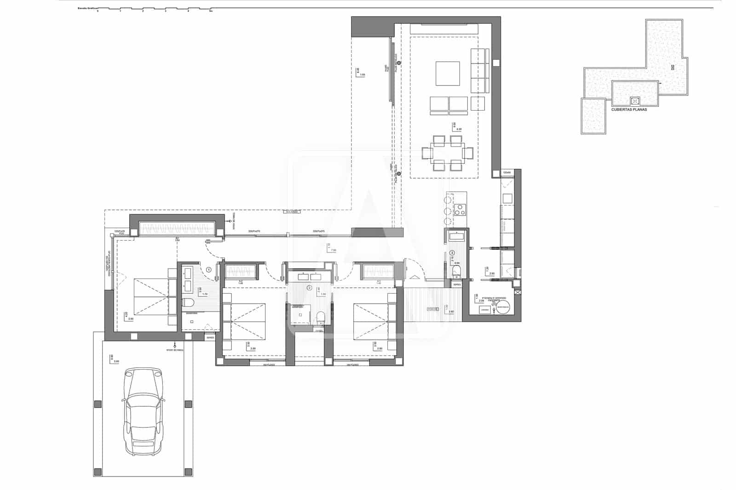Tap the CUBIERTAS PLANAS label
(629, 109)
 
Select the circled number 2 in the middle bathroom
(309, 288)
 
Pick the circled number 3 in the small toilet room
(452, 253)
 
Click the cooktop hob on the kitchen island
(460, 210)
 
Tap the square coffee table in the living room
(448, 74)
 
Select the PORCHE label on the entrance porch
(432, 309)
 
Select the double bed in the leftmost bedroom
(151, 297)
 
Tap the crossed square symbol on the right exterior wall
(518, 292)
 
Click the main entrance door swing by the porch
(408, 269)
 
